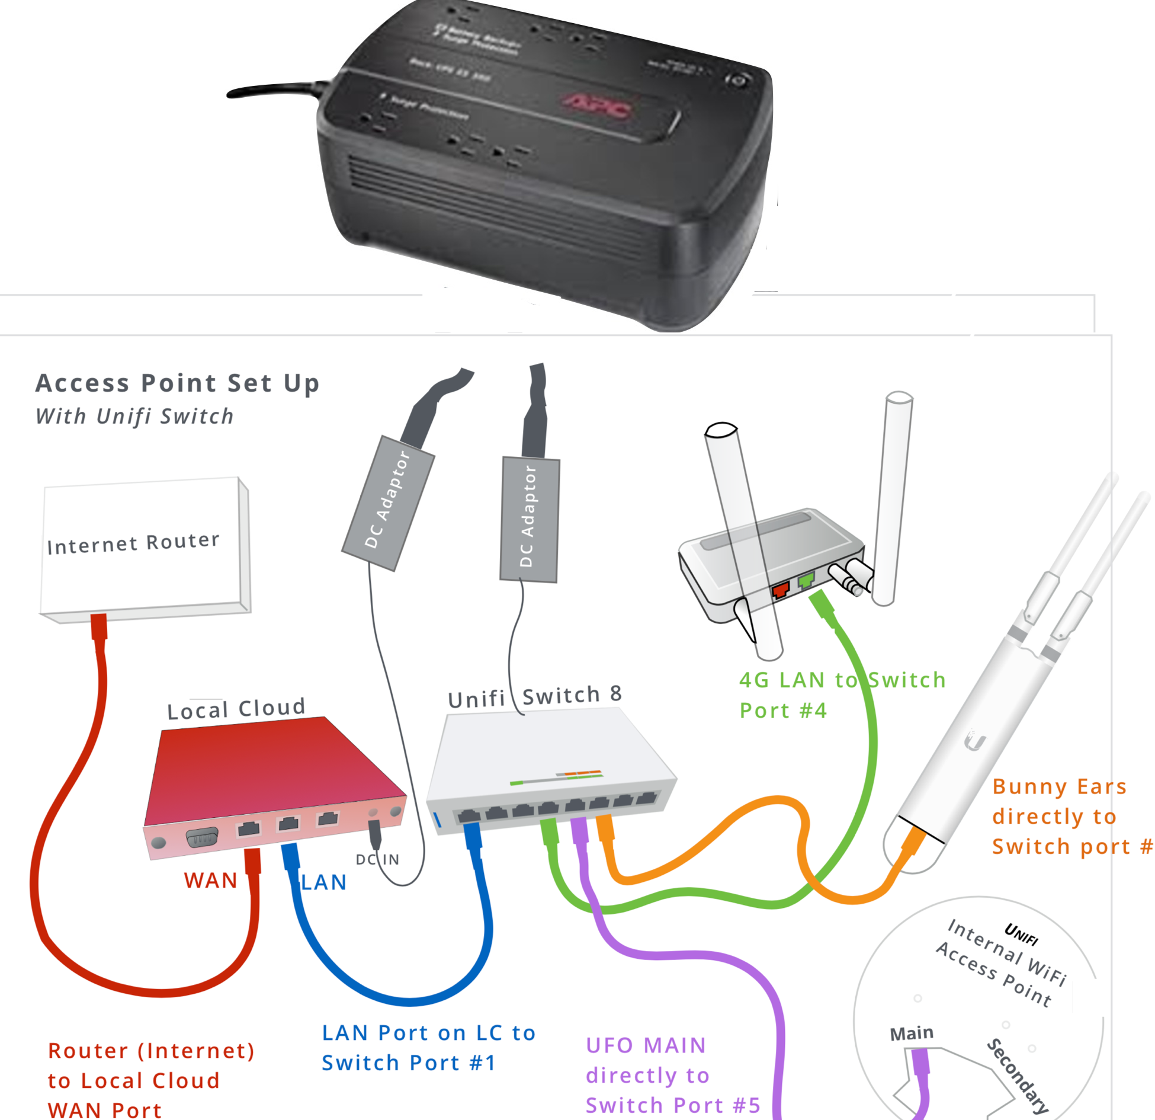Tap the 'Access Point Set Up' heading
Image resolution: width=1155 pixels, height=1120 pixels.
click(x=177, y=383)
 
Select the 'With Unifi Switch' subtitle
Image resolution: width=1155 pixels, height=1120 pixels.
click(x=134, y=417)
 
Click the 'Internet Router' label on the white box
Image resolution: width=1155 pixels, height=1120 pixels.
click(x=133, y=543)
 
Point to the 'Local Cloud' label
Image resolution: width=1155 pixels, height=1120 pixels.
click(x=236, y=709)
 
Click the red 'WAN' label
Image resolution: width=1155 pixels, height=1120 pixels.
click(x=210, y=881)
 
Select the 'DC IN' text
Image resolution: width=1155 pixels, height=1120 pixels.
click(x=377, y=860)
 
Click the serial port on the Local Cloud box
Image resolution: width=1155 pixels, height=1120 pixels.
click(x=201, y=838)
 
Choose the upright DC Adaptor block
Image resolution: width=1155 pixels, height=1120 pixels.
click(x=529, y=519)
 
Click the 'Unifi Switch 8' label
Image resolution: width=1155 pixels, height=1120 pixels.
click(x=535, y=697)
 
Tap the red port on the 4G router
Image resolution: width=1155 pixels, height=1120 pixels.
click(x=781, y=590)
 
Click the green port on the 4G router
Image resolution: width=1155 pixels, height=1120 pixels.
click(x=806, y=581)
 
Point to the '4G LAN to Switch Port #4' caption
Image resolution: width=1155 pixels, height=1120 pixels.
click(x=841, y=695)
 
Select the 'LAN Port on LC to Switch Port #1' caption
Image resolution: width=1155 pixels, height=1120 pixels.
click(x=428, y=1048)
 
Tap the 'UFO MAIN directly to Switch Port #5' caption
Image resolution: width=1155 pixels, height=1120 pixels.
click(x=672, y=1075)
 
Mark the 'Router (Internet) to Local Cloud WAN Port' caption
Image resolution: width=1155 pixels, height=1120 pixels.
click(x=151, y=1080)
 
